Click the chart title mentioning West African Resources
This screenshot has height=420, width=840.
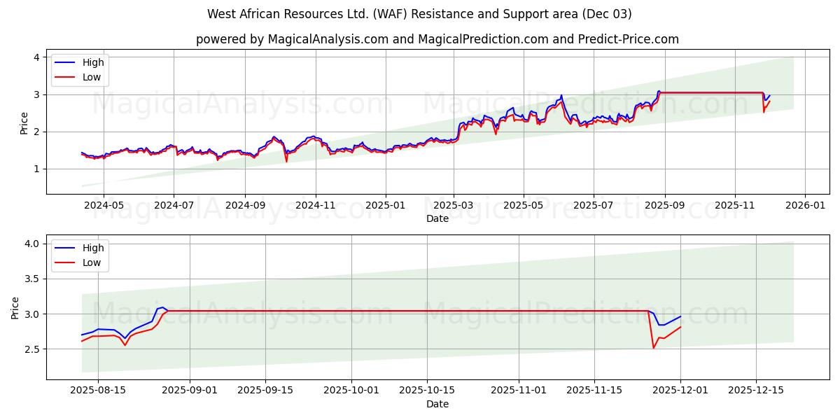pos(419,14)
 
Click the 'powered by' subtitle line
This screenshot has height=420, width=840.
pos(437,39)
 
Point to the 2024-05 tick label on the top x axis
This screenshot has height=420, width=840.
pos(104,206)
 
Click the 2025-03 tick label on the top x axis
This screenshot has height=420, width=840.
pos(454,206)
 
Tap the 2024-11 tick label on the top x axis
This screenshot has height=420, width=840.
pos(315,206)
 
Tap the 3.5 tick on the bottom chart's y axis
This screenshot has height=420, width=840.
pos(31,279)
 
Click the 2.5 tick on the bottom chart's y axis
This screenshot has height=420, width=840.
pos(31,349)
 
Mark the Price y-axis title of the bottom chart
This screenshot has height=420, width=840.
pos(15,307)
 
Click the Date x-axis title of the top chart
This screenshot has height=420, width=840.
pos(437,218)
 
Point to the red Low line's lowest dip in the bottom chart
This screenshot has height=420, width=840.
pos(654,348)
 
